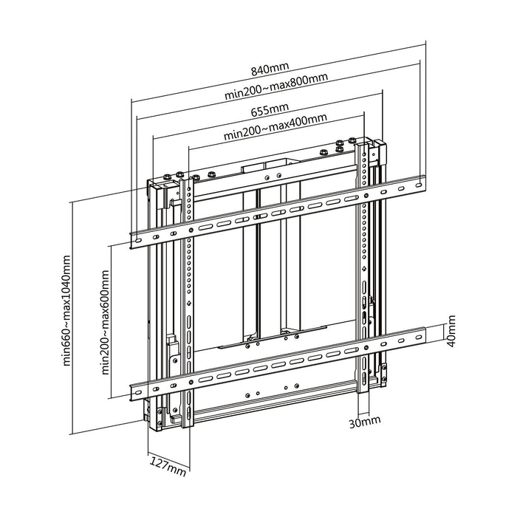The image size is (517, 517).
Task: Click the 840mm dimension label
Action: click(270, 70)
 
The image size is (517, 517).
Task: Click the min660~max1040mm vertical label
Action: click(68, 311)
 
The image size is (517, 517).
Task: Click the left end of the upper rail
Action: click(137, 238)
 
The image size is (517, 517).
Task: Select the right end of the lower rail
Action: click(420, 337)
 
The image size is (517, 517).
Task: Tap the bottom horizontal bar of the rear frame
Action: click(281, 411)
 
